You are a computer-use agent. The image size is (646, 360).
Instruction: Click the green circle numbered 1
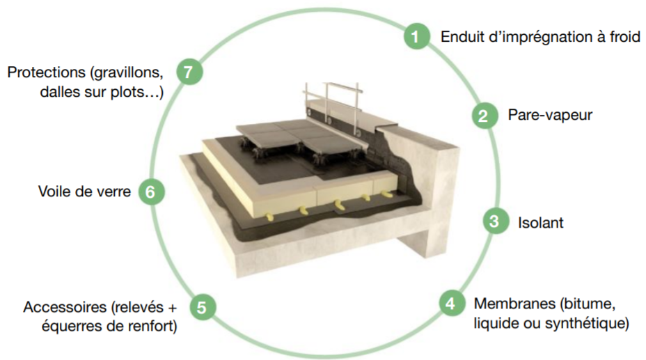tap(416, 36)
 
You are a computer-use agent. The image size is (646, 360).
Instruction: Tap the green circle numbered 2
tap(482, 115)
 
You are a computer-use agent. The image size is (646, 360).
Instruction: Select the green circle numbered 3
tap(494, 222)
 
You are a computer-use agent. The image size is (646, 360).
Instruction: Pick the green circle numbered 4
tap(450, 304)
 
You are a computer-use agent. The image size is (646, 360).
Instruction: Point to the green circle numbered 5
tap(202, 307)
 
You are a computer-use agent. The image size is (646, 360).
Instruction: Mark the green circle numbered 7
tap(188, 72)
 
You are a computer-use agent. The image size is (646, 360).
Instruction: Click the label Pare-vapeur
tap(550, 115)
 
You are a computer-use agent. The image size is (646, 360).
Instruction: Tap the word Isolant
tap(541, 223)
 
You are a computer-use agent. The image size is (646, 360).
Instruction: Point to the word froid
tap(622, 37)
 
